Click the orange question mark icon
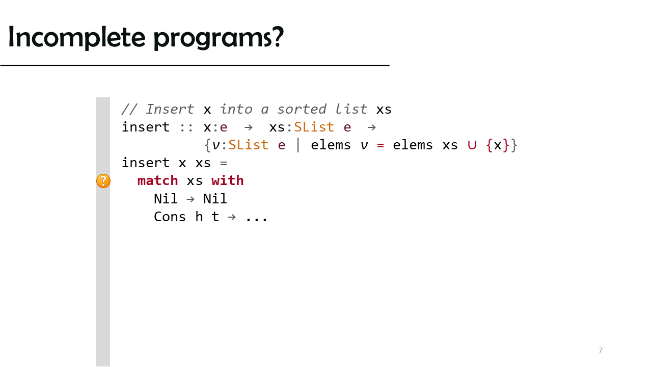pos(103,181)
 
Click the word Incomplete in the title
pos(76,37)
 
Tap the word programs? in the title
pos(219,38)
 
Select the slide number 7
pos(601,350)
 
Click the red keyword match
pos(157,181)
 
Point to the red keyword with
pos(227,180)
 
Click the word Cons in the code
pos(170,217)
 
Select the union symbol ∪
pos(472,145)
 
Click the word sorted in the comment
pos(302,109)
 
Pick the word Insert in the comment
pos(170,109)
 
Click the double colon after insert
pos(186,128)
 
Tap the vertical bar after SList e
pos(298,145)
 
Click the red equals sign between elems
pos(380,145)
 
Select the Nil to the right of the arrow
pos(215,199)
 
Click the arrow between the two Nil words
pos(191,199)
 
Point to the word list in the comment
pos(351,109)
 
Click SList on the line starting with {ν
pos(248,145)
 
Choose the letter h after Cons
pos(199,217)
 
